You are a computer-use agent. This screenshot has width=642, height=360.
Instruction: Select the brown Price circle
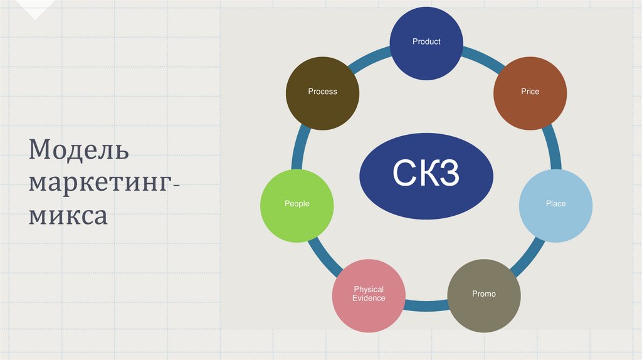[x=530, y=92]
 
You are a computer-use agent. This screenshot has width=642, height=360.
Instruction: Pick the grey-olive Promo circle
[x=484, y=294]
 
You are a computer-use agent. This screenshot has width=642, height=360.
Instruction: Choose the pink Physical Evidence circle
[x=369, y=294]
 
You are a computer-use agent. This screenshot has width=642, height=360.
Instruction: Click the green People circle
[x=297, y=204]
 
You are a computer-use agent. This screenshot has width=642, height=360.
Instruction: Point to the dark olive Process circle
[x=322, y=92]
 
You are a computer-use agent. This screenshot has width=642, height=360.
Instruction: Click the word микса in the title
[x=68, y=216]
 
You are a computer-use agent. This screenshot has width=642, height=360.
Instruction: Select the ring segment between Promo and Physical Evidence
[x=426, y=307]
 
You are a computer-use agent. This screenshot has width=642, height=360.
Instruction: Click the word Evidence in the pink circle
[x=369, y=299]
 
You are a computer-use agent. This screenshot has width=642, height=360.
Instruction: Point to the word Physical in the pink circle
[x=369, y=290]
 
